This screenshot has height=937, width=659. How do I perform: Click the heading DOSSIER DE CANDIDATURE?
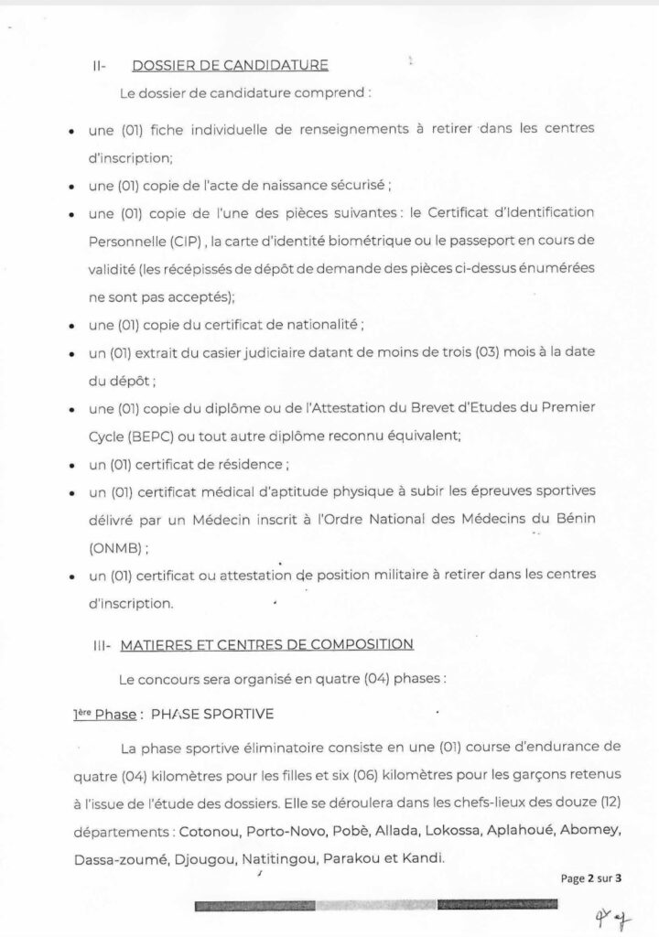tap(230, 65)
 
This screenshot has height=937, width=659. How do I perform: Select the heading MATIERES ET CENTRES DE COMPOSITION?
tap(270, 644)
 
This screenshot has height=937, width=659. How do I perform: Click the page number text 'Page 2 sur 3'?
tap(591, 878)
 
